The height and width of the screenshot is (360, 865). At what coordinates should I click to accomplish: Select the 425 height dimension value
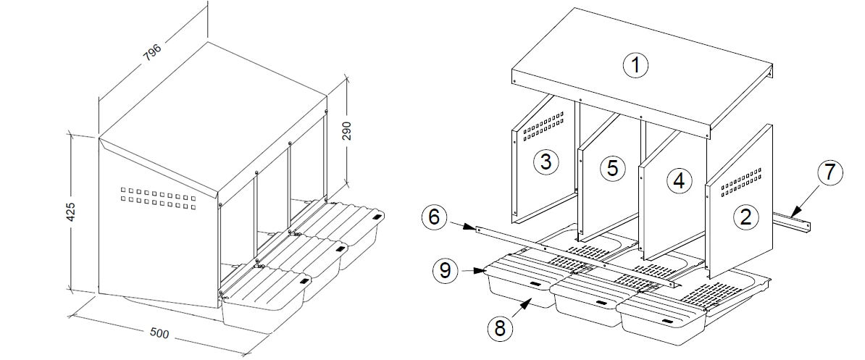(70, 212)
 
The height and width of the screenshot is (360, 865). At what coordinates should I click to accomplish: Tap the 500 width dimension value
(159, 333)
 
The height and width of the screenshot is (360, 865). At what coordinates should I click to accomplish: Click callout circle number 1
(635, 66)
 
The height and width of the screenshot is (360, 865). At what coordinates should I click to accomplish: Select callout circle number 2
(746, 217)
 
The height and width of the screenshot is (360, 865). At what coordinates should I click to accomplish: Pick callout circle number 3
(546, 162)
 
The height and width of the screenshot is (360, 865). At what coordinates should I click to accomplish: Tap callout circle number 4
(679, 181)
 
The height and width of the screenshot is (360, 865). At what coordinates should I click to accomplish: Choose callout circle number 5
(612, 167)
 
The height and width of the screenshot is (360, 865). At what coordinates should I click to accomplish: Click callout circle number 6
(434, 217)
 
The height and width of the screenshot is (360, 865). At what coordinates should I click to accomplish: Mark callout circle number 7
(830, 172)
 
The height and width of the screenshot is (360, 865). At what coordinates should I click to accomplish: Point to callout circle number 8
(500, 329)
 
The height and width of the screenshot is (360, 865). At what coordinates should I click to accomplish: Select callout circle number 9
(446, 270)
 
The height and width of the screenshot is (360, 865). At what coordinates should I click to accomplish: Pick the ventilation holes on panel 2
(741, 183)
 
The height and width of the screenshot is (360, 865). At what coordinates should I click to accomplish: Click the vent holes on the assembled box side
(158, 198)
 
